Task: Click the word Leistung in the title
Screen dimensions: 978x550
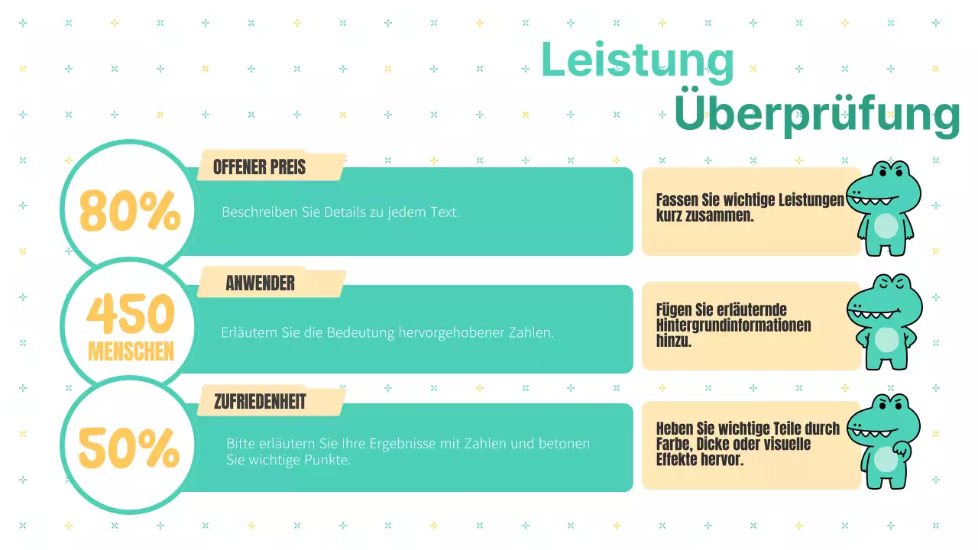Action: click(x=637, y=61)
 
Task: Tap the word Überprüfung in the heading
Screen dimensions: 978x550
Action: click(x=816, y=115)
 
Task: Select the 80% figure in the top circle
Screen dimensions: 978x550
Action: click(x=130, y=211)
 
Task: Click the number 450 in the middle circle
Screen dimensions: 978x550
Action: click(x=131, y=314)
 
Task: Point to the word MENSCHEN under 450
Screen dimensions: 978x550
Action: click(x=131, y=351)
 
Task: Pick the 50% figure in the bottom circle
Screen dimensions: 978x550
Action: click(x=129, y=448)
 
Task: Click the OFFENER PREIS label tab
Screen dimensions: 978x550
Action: click(x=259, y=167)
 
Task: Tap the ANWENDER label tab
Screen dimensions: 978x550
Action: click(x=260, y=284)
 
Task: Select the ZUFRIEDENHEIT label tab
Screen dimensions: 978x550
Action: click(x=260, y=402)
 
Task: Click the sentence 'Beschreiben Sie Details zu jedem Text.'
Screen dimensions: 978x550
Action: click(x=340, y=212)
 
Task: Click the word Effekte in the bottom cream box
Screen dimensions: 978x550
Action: click(x=678, y=461)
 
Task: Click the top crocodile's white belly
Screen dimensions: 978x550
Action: click(x=886, y=227)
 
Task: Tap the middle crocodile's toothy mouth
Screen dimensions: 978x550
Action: click(x=876, y=314)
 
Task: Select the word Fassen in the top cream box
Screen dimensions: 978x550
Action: click(x=676, y=200)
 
